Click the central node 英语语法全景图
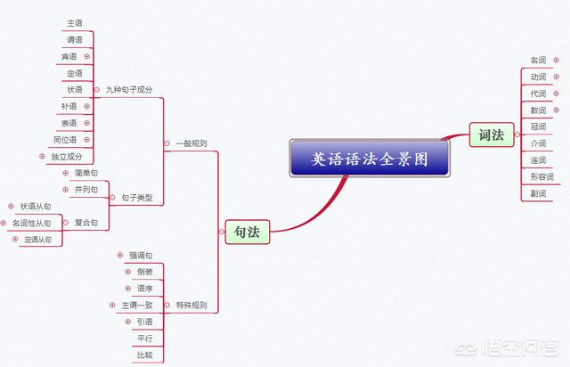(x=370, y=159)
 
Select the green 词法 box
(x=492, y=135)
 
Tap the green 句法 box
(x=248, y=232)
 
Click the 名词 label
(x=538, y=60)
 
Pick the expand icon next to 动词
(x=556, y=77)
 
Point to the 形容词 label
(x=541, y=176)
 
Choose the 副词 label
(x=538, y=193)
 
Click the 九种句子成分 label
(x=129, y=89)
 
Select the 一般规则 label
(x=191, y=143)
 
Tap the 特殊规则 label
(x=191, y=305)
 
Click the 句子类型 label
(x=137, y=198)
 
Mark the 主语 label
(x=75, y=23)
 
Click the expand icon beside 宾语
(x=87, y=56)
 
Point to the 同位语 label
(x=65, y=140)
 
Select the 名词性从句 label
(x=32, y=223)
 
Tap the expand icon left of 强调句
(x=120, y=256)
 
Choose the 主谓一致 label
(x=137, y=306)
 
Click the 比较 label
(x=144, y=355)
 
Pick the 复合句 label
(x=86, y=223)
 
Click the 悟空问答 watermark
(x=507, y=347)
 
